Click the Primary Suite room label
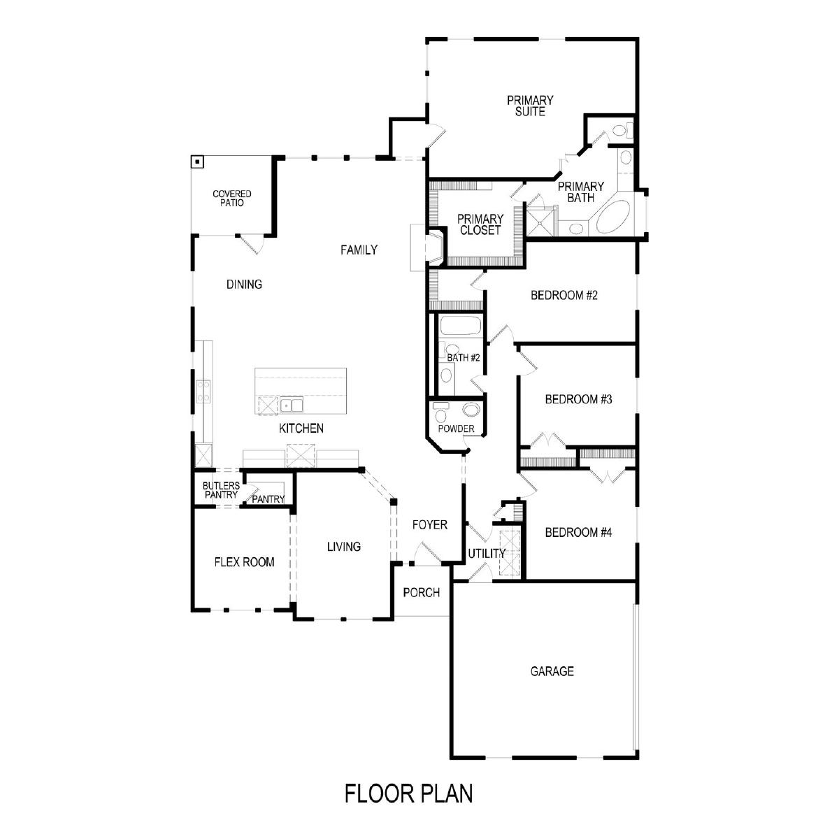pyautogui.click(x=530, y=106)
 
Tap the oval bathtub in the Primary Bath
pyautogui.click(x=613, y=216)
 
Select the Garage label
pyautogui.click(x=552, y=671)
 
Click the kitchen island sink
pyautogui.click(x=292, y=405)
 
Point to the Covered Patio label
pyautogui.click(x=231, y=198)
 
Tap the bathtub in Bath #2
pyautogui.click(x=460, y=325)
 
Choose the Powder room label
pyautogui.click(x=456, y=429)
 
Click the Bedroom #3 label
pyautogui.click(x=578, y=399)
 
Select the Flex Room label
pyautogui.click(x=244, y=562)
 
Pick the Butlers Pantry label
pyautogui.click(x=221, y=490)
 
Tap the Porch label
pyautogui.click(x=421, y=593)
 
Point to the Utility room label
pyautogui.click(x=487, y=554)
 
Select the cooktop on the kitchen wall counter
pyautogui.click(x=203, y=392)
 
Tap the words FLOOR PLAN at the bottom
pyautogui.click(x=408, y=794)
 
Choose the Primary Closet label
pyautogui.click(x=480, y=224)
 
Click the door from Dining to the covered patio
pyautogui.click(x=251, y=245)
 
